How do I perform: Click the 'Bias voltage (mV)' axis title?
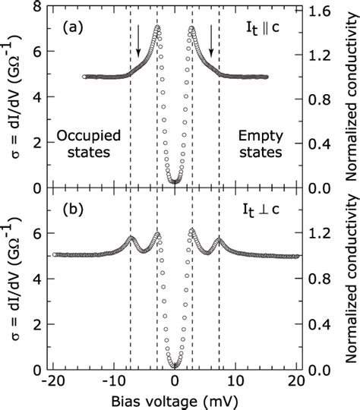(x=175, y=400)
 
